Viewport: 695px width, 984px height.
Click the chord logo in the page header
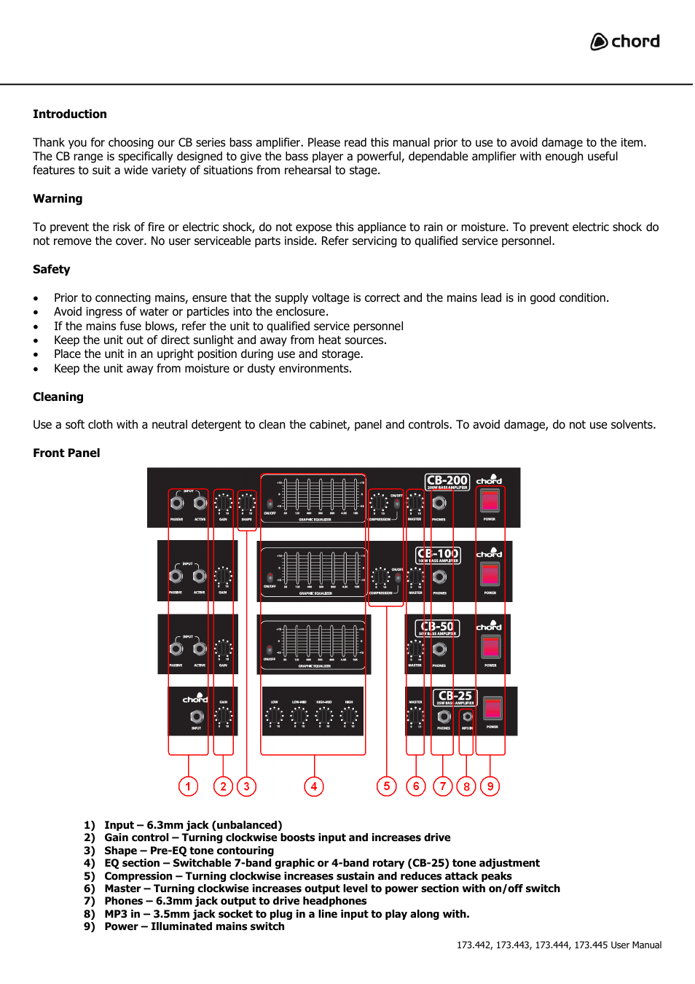(x=625, y=42)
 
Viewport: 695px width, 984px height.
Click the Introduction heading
(x=69, y=114)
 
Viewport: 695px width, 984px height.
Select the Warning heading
(x=58, y=199)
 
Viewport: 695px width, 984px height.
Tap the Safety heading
(x=51, y=270)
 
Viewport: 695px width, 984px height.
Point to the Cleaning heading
(x=58, y=397)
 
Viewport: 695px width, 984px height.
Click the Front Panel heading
(x=66, y=453)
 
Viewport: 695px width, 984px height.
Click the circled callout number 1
(x=188, y=786)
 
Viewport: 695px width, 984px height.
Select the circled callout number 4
(x=314, y=786)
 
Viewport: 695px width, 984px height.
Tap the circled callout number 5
(x=387, y=786)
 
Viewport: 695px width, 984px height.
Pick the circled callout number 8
(x=466, y=786)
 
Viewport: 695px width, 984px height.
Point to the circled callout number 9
(x=490, y=786)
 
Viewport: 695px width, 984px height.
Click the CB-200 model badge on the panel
(x=447, y=482)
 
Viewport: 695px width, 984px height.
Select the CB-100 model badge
(x=438, y=555)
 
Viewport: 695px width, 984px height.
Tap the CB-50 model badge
(x=437, y=628)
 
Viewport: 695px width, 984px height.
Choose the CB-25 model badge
(x=455, y=698)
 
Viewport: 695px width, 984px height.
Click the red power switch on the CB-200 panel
(x=490, y=501)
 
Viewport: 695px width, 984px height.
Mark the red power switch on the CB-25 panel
(x=493, y=708)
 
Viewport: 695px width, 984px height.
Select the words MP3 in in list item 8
(x=122, y=914)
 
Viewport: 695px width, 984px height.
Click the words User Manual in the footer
(x=636, y=945)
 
